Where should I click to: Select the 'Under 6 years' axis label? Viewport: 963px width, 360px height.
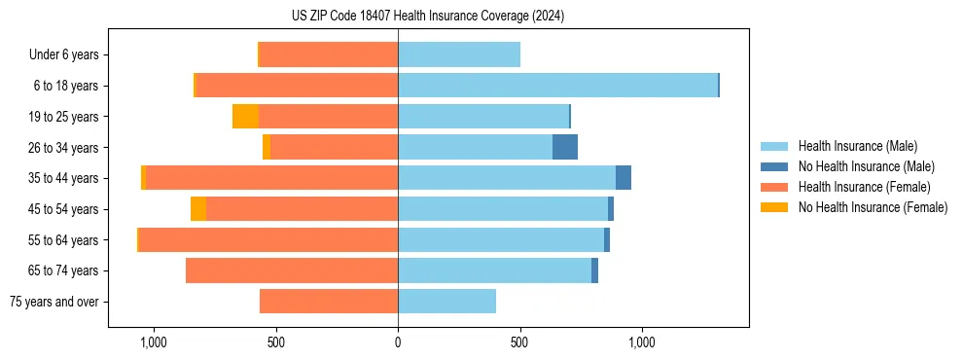click(x=63, y=54)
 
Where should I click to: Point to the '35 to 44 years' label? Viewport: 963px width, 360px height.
click(x=63, y=178)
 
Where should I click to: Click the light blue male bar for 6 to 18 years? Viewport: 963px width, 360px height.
click(x=557, y=86)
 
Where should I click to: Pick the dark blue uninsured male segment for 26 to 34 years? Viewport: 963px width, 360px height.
click(x=565, y=147)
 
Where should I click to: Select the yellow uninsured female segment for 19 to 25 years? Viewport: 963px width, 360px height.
click(x=245, y=117)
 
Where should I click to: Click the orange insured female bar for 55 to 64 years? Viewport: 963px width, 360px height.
click(x=268, y=239)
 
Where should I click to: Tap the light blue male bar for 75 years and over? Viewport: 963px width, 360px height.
click(x=446, y=302)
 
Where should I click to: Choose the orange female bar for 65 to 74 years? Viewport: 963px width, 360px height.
click(x=292, y=270)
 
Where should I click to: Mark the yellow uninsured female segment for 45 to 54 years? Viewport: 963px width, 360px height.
click(x=198, y=208)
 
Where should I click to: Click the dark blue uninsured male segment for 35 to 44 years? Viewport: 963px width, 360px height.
click(x=624, y=178)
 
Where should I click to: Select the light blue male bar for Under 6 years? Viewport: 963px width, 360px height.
click(x=459, y=54)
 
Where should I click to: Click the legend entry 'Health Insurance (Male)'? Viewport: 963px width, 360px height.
click(x=852, y=147)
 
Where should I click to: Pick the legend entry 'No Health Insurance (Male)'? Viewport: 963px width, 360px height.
click(x=859, y=166)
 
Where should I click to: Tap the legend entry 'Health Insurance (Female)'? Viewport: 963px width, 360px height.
click(x=857, y=187)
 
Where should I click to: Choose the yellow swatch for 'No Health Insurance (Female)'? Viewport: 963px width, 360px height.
click(x=774, y=207)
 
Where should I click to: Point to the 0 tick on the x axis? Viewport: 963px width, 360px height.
click(x=398, y=342)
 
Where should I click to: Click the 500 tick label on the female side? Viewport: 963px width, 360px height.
click(x=275, y=342)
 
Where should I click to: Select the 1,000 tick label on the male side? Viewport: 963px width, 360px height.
click(x=642, y=342)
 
